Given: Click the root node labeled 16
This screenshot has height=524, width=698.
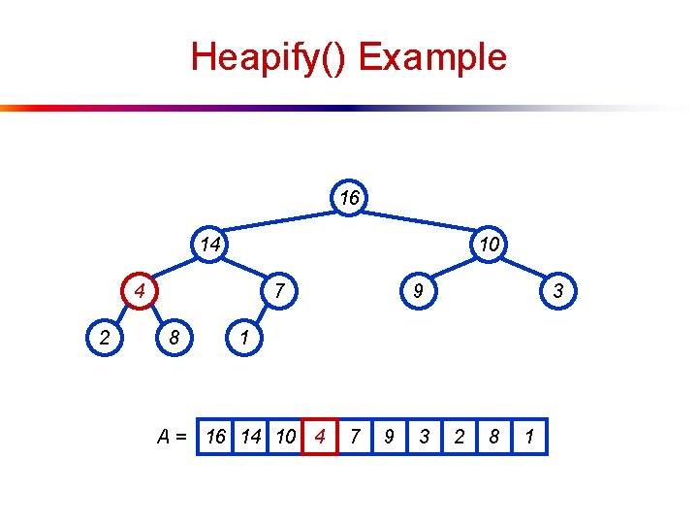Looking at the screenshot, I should [349, 199].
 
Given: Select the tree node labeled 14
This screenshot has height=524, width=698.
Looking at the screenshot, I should [210, 245].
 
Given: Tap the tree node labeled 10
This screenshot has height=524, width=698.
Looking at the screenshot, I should [489, 245].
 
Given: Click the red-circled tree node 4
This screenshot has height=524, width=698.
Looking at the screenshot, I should [141, 290].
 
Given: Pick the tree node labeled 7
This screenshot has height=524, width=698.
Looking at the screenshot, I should [279, 290].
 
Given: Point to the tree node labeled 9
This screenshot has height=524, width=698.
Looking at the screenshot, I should [418, 290].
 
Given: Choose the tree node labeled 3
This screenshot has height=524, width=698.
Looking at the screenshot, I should [557, 290].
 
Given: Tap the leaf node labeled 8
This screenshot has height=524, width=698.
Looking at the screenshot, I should [174, 338].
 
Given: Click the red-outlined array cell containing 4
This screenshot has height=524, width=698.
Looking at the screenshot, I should [320, 437].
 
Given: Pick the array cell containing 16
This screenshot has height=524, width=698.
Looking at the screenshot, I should [215, 437].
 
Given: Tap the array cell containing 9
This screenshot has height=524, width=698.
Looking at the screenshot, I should [389, 437].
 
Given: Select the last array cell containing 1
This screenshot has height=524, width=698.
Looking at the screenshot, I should [529, 437].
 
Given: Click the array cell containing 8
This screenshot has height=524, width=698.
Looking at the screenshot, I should [494, 437].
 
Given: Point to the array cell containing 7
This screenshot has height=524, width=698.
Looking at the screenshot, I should [355, 437].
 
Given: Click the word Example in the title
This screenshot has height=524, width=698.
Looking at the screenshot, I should [432, 56].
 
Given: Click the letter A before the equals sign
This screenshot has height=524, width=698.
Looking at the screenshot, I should [165, 437].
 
